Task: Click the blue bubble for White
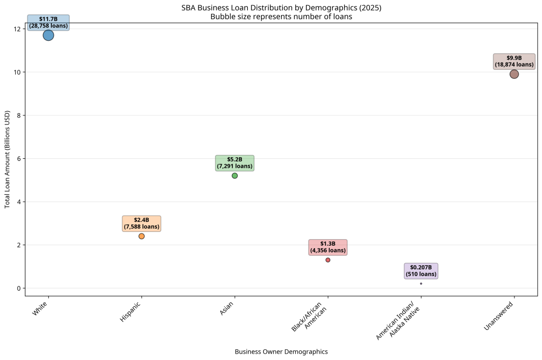click(48, 35)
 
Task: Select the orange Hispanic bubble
click(141, 236)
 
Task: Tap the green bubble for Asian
click(234, 176)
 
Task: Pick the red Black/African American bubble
click(328, 260)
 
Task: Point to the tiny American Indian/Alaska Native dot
click(421, 284)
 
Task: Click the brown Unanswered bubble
click(514, 74)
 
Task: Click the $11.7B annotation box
click(48, 22)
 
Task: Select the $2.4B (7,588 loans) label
click(141, 223)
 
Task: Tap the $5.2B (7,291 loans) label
click(234, 163)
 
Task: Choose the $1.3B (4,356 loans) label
click(328, 247)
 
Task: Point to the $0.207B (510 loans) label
click(421, 271)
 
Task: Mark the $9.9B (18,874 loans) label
click(514, 61)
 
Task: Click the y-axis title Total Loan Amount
click(7, 159)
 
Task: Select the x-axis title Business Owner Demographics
click(281, 352)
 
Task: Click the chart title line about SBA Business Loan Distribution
click(281, 8)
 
